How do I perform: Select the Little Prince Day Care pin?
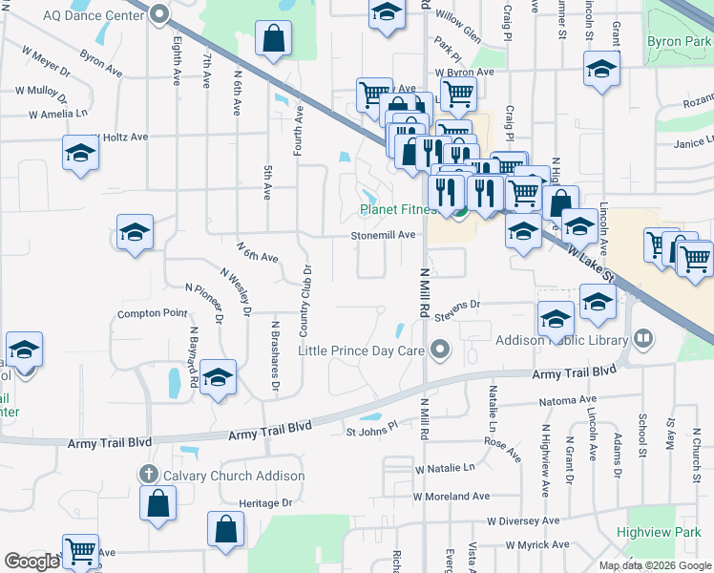[x=440, y=350]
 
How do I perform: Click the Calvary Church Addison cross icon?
[x=147, y=475]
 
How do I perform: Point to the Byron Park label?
[x=679, y=41]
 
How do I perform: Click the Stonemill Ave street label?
[x=383, y=234]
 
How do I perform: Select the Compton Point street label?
[x=153, y=313]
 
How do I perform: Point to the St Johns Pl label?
[x=371, y=433]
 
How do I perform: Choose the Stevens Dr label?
[x=456, y=306]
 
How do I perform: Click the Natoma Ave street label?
[x=567, y=400]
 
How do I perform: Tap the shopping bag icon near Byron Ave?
[x=273, y=40]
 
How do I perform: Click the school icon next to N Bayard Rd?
[x=218, y=378]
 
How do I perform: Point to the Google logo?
[x=31, y=562]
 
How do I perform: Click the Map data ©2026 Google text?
[x=653, y=565]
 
